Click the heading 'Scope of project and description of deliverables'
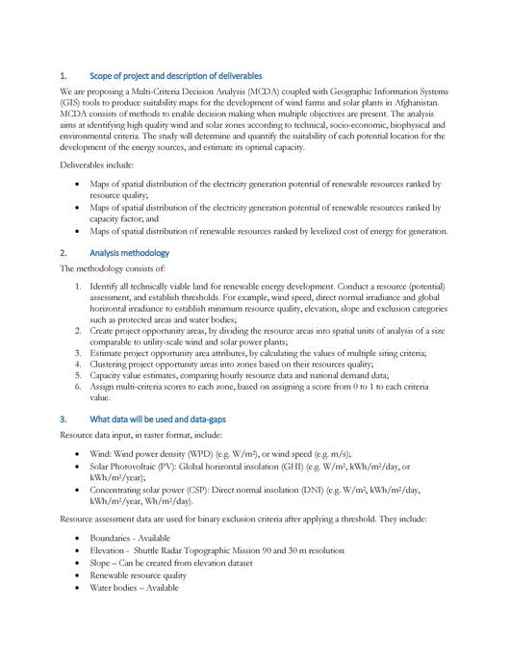(174, 76)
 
